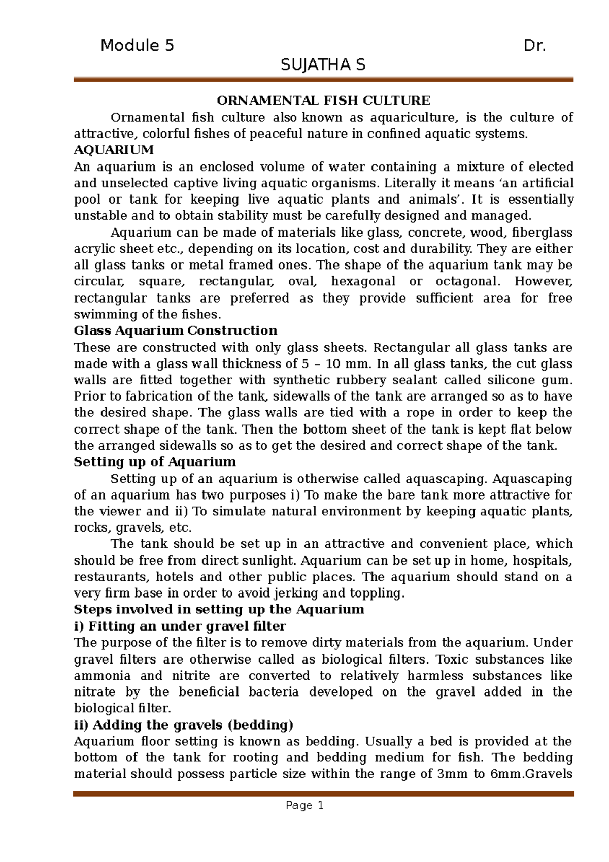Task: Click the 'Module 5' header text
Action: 137,46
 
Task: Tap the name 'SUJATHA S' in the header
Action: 323,65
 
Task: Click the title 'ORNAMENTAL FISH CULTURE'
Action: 323,101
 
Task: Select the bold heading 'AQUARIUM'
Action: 114,150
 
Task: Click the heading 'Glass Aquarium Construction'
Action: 176,331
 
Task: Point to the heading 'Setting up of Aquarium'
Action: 155,462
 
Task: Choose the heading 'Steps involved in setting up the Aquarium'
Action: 219,610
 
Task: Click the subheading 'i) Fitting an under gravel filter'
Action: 180,626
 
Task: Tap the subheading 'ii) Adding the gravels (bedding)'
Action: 184,725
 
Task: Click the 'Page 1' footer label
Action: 304,805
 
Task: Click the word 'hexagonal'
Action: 363,282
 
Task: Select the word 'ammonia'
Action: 102,676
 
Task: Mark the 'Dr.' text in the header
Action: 534,46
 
